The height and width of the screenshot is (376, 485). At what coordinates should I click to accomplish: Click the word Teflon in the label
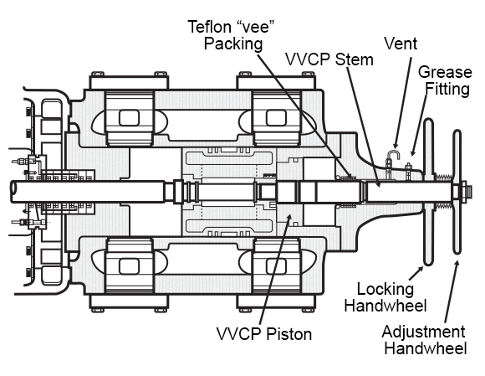click(x=210, y=27)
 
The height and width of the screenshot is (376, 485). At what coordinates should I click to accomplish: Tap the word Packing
click(x=233, y=44)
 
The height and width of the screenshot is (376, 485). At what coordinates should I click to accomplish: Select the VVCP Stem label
click(x=329, y=59)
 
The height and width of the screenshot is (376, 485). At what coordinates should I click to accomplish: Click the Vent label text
click(x=401, y=44)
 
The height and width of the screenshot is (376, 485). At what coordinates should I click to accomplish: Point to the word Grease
click(x=445, y=72)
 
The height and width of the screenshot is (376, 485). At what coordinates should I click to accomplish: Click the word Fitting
click(x=447, y=90)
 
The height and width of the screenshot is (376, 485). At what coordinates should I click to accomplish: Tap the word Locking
click(x=385, y=289)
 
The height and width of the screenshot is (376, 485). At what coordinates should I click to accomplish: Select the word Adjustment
click(x=423, y=332)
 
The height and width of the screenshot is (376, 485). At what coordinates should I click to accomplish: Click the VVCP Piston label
click(x=264, y=334)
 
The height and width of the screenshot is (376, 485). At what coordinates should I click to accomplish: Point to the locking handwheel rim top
click(x=429, y=121)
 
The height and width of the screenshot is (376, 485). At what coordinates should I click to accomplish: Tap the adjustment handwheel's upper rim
click(x=457, y=133)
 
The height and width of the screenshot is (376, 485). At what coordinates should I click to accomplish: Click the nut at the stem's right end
click(x=464, y=192)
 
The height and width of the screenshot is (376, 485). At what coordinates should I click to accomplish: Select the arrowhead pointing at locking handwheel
click(x=421, y=269)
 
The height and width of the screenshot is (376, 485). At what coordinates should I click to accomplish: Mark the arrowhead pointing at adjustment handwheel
click(x=457, y=264)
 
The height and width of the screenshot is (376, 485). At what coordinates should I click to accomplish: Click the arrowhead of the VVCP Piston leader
click(x=289, y=217)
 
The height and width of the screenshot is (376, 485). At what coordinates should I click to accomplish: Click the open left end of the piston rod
click(x=13, y=192)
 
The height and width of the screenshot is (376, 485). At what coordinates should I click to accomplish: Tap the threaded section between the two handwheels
click(x=444, y=178)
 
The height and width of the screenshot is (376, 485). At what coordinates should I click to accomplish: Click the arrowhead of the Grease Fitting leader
click(x=412, y=152)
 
